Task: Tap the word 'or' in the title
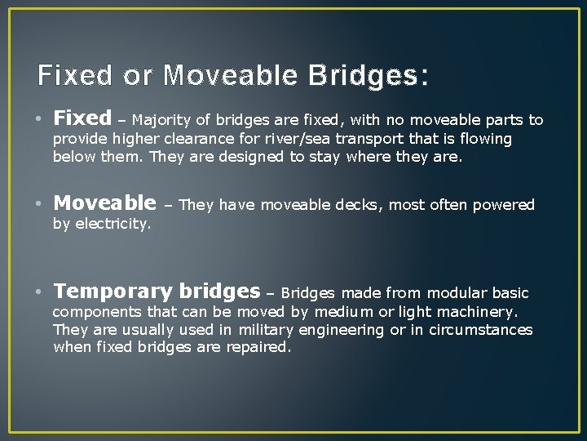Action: [137, 76]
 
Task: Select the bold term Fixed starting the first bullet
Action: [82, 119]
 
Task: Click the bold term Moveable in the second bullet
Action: [104, 203]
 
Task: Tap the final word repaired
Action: [261, 348]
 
